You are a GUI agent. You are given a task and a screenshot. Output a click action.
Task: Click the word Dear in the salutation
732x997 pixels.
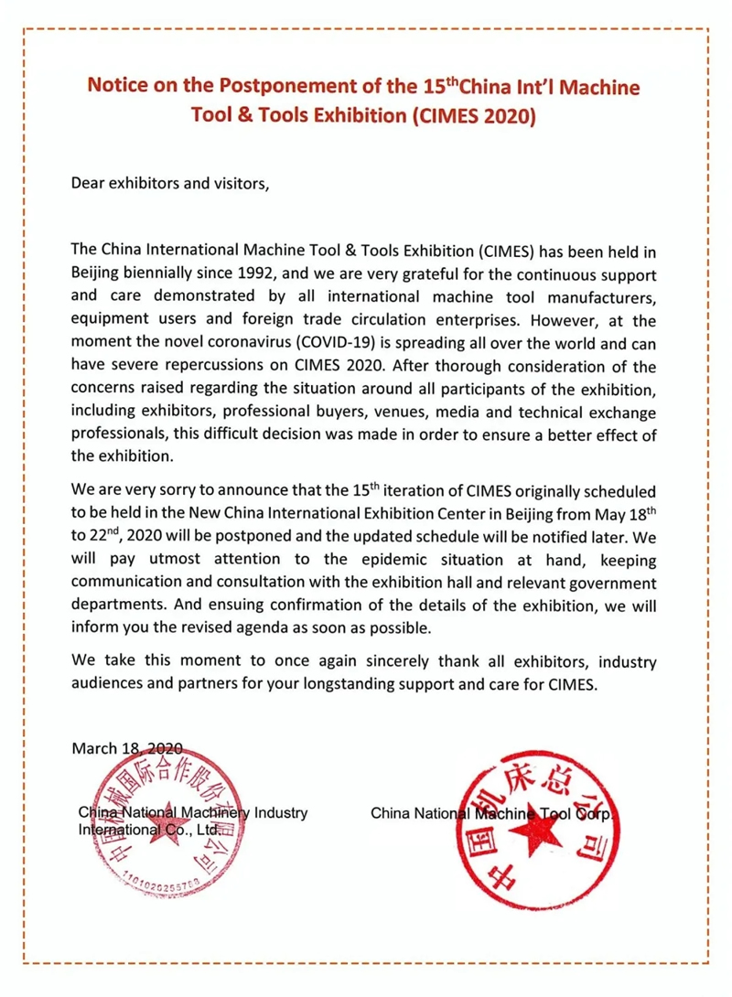89,182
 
